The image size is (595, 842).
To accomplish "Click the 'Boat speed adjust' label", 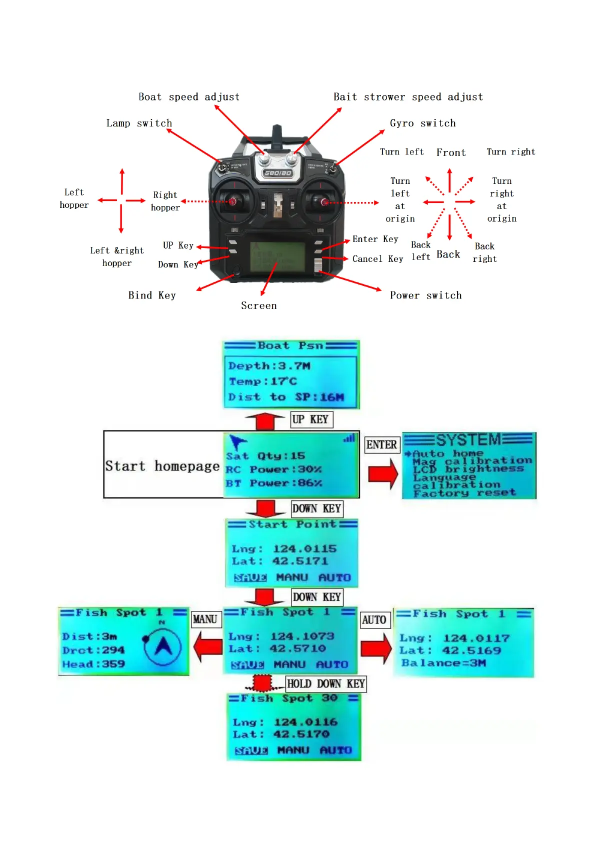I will point(189,97).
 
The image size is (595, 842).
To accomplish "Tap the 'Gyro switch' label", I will point(422,123).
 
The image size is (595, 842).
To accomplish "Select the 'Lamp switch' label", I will point(139,123).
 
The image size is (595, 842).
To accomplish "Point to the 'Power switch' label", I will point(425,295).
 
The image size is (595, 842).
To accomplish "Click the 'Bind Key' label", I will point(152,295).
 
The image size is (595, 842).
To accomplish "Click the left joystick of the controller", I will point(232,201).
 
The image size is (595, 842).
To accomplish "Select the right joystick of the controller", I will point(324,202).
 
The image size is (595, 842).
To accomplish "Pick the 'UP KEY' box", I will point(311,419).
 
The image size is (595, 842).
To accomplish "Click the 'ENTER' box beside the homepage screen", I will point(381,444).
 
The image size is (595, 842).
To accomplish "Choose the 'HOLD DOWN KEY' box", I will point(325,683).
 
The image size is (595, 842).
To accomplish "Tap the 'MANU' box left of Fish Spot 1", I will point(205,619).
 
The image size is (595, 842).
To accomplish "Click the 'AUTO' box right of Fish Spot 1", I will point(374,620).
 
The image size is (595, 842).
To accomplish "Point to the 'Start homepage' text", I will point(162,466).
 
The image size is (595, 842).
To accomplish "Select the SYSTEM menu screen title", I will point(468,440).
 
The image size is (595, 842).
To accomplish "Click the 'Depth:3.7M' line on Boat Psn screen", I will point(269,366).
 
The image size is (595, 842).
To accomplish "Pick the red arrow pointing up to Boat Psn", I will point(265,421).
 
